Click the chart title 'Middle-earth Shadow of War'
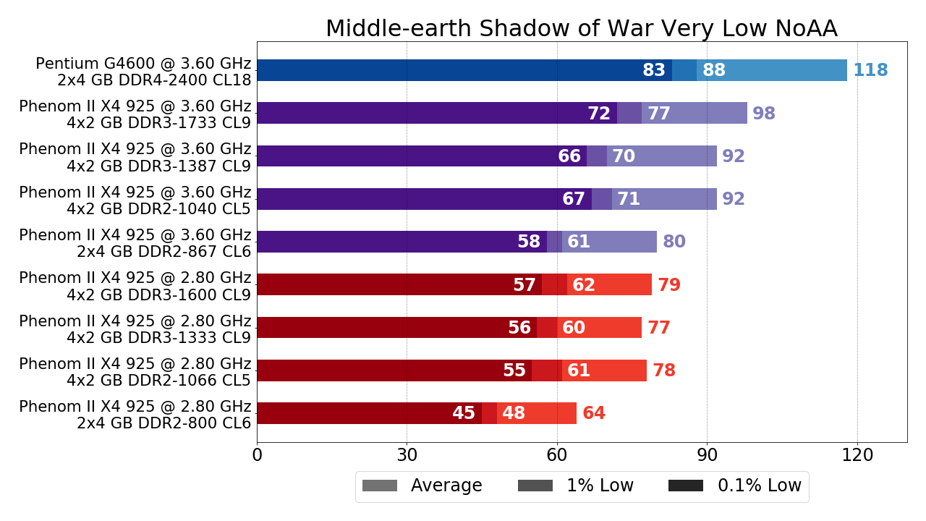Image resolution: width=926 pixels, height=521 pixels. [581, 29]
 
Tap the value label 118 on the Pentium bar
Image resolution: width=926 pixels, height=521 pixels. [870, 71]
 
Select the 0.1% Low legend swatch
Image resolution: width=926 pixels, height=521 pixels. [685, 486]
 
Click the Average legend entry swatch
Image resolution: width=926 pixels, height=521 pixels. [380, 486]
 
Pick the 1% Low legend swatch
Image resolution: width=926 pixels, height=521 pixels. [535, 486]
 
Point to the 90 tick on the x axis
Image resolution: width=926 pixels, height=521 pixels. [707, 455]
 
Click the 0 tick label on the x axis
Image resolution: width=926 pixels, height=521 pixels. [257, 455]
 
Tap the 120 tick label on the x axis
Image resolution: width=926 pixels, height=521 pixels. [857, 455]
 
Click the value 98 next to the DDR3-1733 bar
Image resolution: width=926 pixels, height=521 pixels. [764, 114]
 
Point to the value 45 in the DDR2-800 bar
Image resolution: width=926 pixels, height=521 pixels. [464, 414]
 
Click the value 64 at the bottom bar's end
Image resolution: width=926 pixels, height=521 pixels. [594, 414]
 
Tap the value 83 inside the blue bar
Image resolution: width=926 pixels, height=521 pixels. [654, 71]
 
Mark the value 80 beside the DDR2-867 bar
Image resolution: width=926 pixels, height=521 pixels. [674, 242]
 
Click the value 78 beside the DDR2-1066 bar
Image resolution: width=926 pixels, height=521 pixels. [664, 371]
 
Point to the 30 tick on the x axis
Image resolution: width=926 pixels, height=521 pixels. [407, 455]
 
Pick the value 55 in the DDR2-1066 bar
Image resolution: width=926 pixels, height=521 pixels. [514, 371]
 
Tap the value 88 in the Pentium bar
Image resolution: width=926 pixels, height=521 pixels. [714, 71]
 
